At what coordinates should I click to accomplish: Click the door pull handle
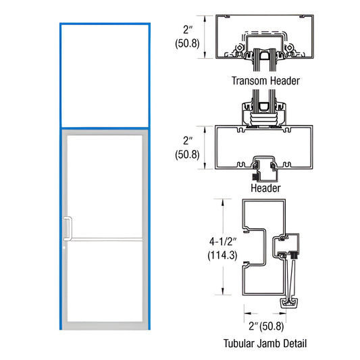(x=68, y=228)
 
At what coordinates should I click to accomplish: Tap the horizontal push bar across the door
(x=105, y=239)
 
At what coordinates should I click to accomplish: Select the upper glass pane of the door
(x=105, y=186)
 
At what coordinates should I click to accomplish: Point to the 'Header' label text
(x=265, y=188)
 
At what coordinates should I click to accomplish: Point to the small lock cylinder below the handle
(x=66, y=247)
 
